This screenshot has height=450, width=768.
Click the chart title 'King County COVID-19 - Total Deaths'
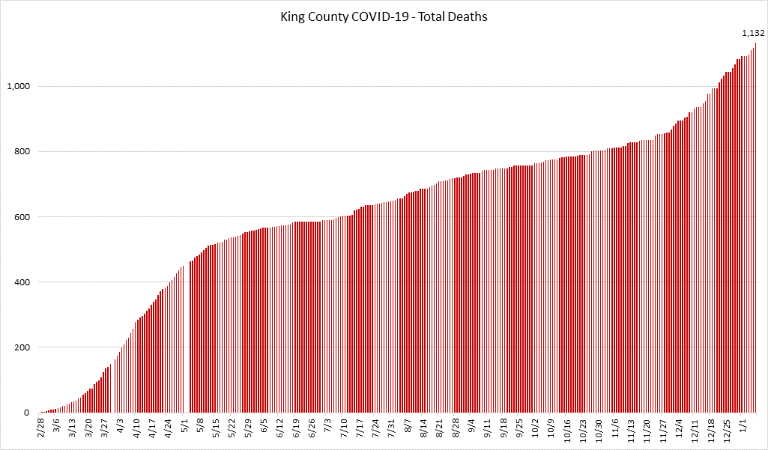pos(384,16)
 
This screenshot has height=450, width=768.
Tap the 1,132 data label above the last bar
pos(753,33)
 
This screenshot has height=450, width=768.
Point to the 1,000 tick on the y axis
pos(18,86)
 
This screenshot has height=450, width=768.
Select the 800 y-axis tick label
pos(22,152)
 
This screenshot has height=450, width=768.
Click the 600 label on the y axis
pos(22,217)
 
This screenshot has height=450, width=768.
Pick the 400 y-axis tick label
pos(22,282)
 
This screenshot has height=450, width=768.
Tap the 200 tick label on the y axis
pos(22,347)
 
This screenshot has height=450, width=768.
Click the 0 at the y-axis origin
pos(28,413)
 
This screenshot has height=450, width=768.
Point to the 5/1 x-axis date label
pos(185,427)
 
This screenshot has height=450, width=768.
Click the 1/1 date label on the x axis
pos(743,427)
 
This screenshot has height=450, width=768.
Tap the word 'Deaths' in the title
pos(469,16)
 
